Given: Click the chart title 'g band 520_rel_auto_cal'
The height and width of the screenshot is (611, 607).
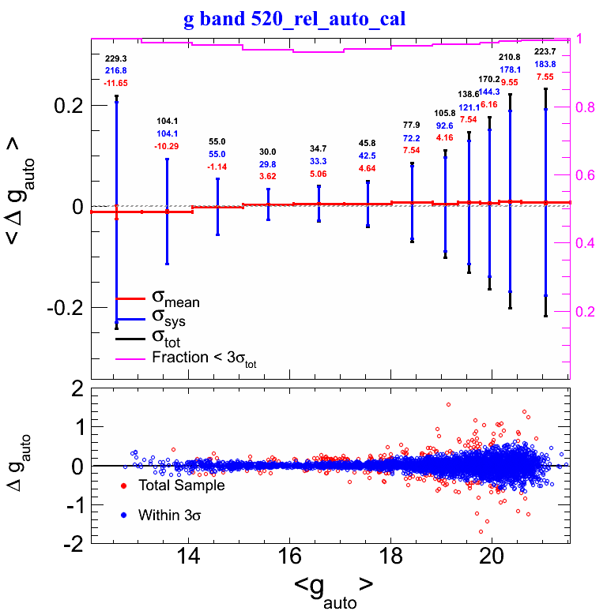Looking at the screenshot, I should (x=294, y=19).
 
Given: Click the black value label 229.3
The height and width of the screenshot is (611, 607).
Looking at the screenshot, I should (x=115, y=58).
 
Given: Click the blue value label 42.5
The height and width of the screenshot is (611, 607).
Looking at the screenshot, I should (x=368, y=156).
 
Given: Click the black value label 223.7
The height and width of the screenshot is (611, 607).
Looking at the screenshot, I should (x=545, y=51).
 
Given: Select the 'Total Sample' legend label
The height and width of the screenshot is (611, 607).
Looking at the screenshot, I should (x=181, y=485).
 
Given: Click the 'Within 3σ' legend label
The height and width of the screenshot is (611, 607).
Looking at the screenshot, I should (x=170, y=515).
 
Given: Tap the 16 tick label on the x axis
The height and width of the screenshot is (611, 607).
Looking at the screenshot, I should (x=290, y=556).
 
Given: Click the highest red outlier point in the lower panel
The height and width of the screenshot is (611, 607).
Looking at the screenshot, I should (x=448, y=405).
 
